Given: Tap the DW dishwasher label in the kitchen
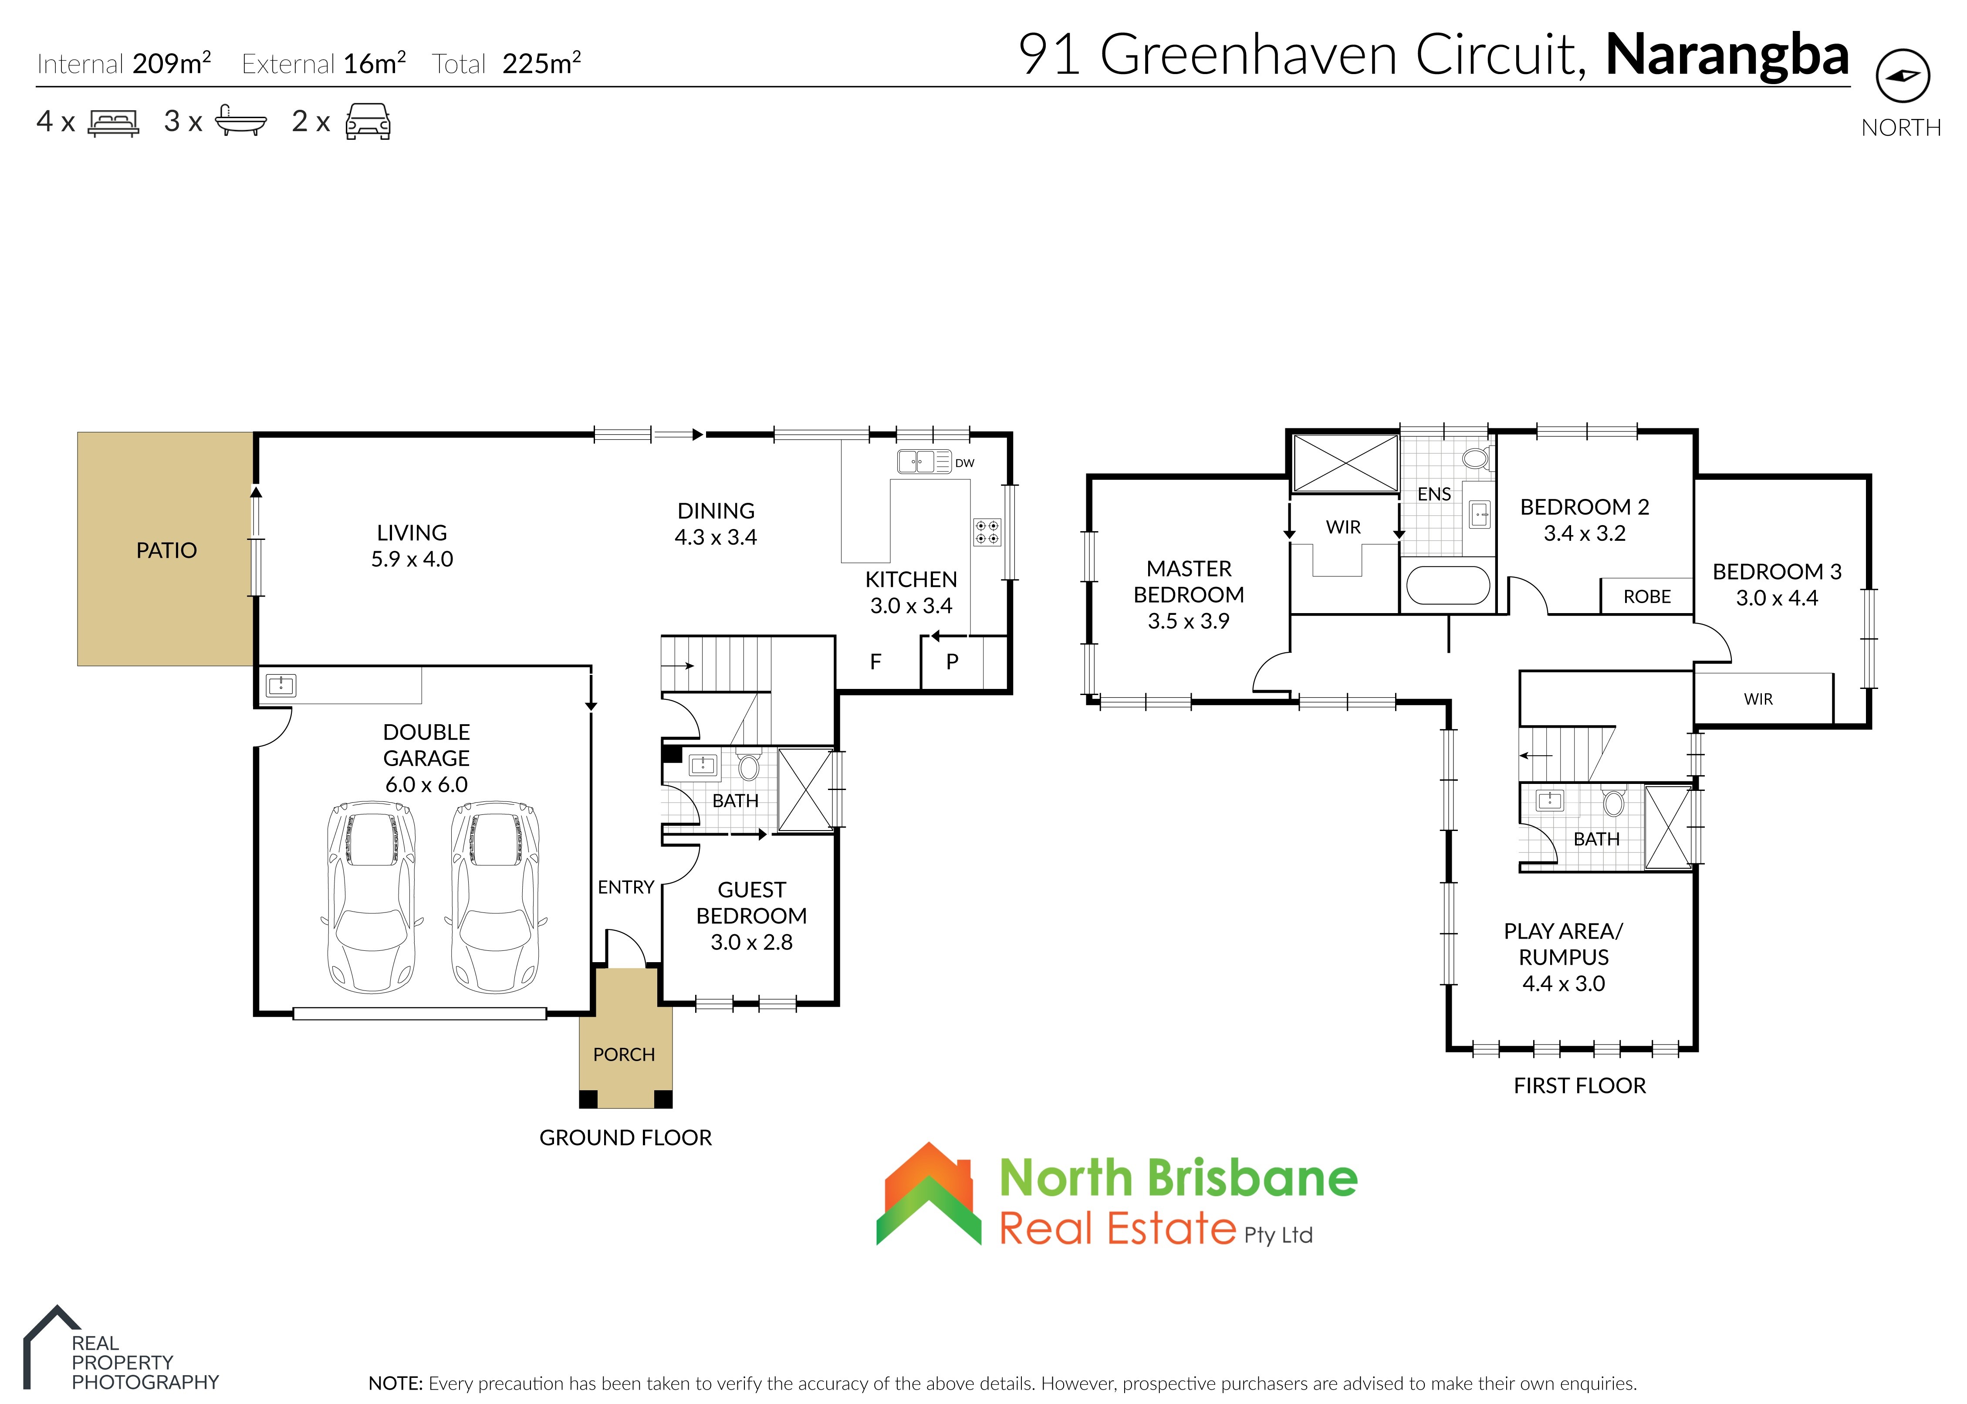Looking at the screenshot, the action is click(964, 463).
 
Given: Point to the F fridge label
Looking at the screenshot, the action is click(875, 662).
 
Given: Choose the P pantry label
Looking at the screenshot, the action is click(953, 662).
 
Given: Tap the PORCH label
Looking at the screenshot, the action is click(624, 1055).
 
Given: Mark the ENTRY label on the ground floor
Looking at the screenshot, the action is click(626, 887).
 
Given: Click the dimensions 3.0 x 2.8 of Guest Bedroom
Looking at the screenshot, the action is click(751, 943).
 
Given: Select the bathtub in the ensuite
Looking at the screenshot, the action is click(1448, 585).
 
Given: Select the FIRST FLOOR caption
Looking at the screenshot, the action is click(1580, 1086).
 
